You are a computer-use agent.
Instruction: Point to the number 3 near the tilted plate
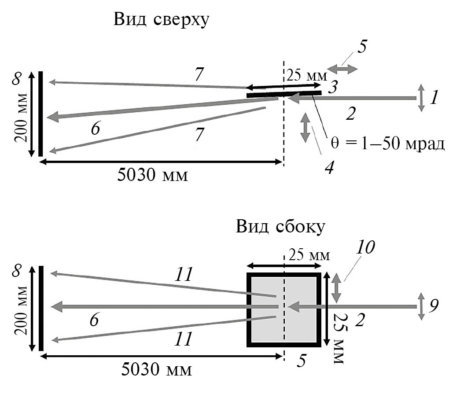333,87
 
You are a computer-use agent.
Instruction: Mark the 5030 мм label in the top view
152,175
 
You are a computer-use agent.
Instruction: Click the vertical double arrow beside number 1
421,98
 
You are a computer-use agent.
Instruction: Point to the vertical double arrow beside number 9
421,306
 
